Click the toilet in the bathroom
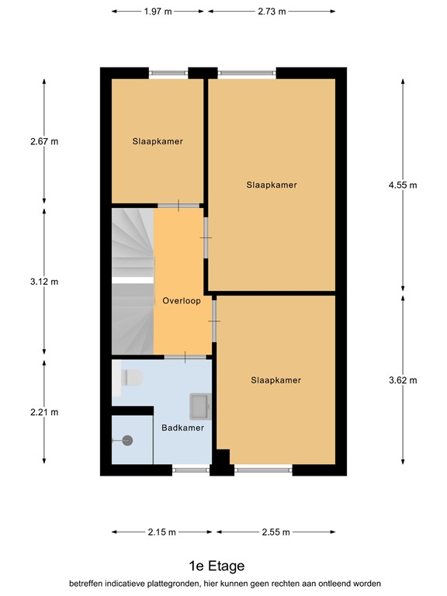click(131, 378)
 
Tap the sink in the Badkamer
click(200, 407)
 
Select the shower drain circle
click(127, 441)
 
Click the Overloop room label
click(182, 300)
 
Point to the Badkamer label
click(182, 428)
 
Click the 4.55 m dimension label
click(403, 185)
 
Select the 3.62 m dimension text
click(403, 380)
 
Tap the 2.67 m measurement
click(44, 141)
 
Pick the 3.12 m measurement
click(44, 282)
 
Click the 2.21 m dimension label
click(44, 412)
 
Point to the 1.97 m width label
click(158, 12)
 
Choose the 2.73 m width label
click(272, 12)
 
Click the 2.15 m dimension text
click(162, 532)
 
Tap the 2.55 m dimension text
click(276, 532)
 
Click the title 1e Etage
click(217, 566)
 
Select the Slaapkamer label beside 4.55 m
click(272, 185)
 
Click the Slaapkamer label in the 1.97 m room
click(158, 141)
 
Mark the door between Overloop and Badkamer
click(185, 357)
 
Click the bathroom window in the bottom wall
click(191, 470)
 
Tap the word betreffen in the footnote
click(86, 584)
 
